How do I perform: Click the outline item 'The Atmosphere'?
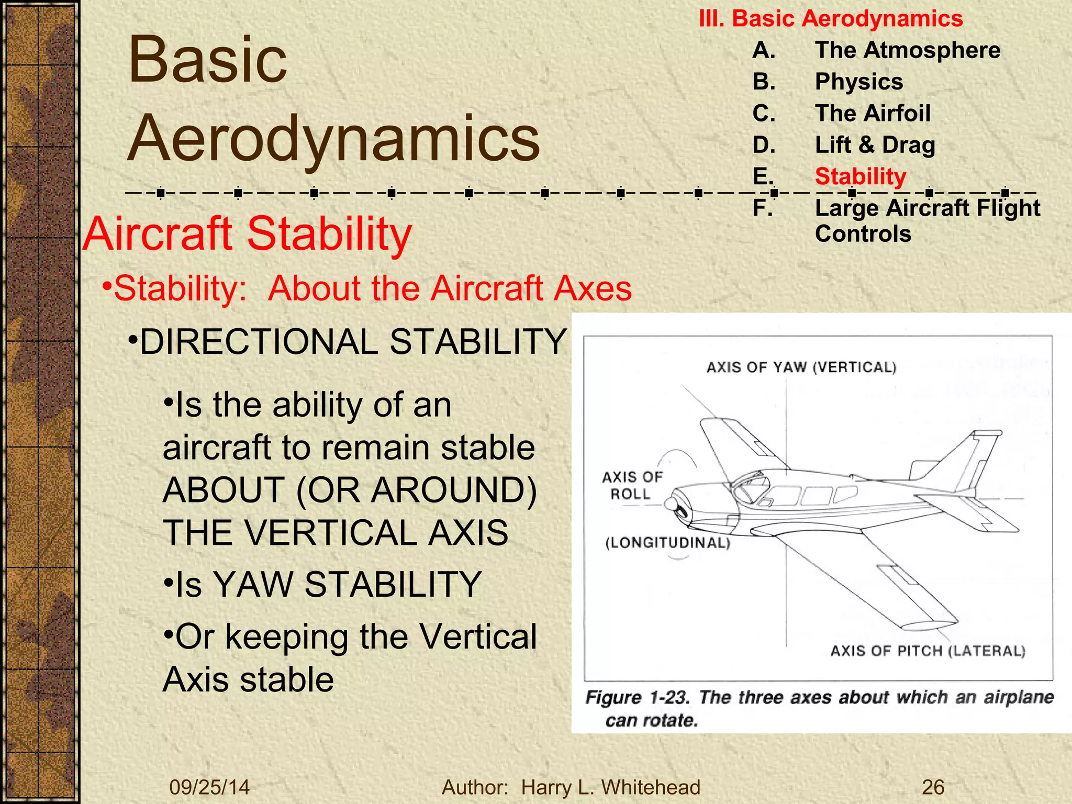pos(907,50)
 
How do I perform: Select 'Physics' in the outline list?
pos(859,82)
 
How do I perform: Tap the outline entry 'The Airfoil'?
pos(873,113)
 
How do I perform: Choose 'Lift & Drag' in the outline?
pos(875,145)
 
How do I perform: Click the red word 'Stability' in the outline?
pos(861,176)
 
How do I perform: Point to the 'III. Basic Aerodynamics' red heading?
pos(831,19)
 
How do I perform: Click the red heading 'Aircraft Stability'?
pos(247,233)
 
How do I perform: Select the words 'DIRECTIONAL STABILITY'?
pos(353,342)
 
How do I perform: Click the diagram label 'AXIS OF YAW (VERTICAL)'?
pos(801,367)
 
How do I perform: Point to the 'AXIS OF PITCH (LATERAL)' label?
pos(928,651)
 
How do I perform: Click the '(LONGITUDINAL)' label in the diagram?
pos(667,543)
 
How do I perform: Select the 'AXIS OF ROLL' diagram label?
pos(632,485)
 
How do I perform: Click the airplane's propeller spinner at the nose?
pos(671,504)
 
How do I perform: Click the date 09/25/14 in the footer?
pos(209,787)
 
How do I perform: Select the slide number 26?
pos(933,787)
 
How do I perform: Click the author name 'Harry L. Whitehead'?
pos(610,787)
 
